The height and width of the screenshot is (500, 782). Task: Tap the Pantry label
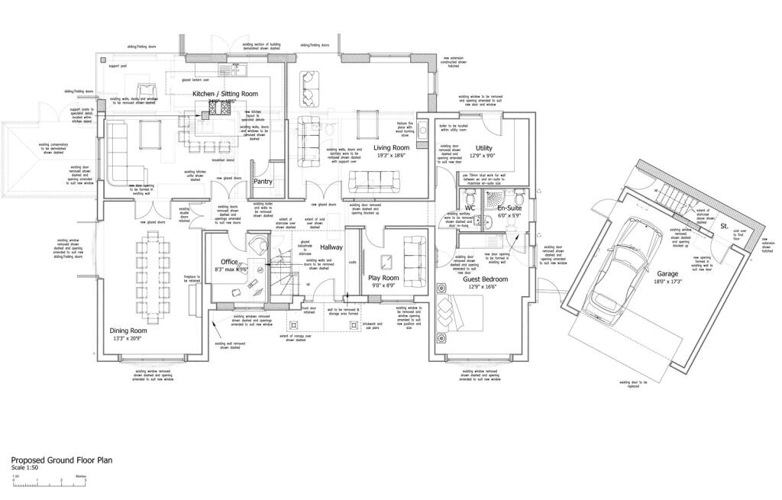tap(263, 182)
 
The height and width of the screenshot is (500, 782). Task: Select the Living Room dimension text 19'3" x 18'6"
tap(390, 155)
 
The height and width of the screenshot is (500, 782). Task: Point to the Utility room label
tap(484, 148)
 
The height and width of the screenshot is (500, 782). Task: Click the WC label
tap(470, 208)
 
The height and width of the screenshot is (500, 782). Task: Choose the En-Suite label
tap(509, 208)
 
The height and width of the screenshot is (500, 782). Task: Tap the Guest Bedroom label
tap(485, 279)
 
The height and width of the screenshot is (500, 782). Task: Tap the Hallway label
tap(331, 247)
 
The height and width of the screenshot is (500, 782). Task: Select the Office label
tap(230, 262)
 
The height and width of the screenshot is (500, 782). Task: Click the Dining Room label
tap(128, 331)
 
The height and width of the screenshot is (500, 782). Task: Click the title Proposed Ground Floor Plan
tap(61, 460)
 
